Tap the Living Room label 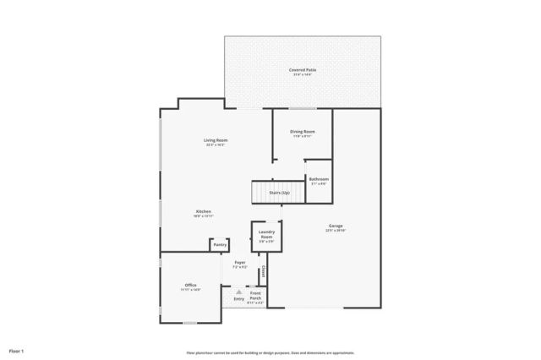pyautogui.click(x=216, y=140)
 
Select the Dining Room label pyautogui.click(x=303, y=131)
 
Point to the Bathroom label pyautogui.click(x=319, y=179)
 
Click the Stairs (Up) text pyautogui.click(x=280, y=193)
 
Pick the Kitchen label pyautogui.click(x=204, y=211)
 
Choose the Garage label pyautogui.click(x=336, y=225)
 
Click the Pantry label pyautogui.click(x=220, y=245)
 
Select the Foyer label pyautogui.click(x=240, y=263)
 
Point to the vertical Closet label pyautogui.click(x=264, y=272)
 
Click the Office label pyautogui.click(x=190, y=286)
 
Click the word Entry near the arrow pyautogui.click(x=239, y=298)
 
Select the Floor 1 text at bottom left pyautogui.click(x=17, y=350)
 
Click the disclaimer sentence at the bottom pyautogui.click(x=270, y=352)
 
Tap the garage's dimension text pyautogui.click(x=336, y=230)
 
